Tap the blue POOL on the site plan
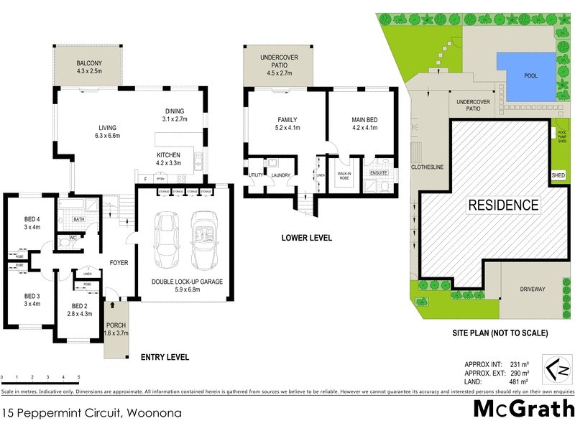tap(531, 75)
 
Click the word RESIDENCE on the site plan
tap(503, 205)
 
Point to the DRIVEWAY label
tap(533, 289)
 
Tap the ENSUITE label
tap(379, 174)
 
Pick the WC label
tap(73, 237)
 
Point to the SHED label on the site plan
tap(558, 175)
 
